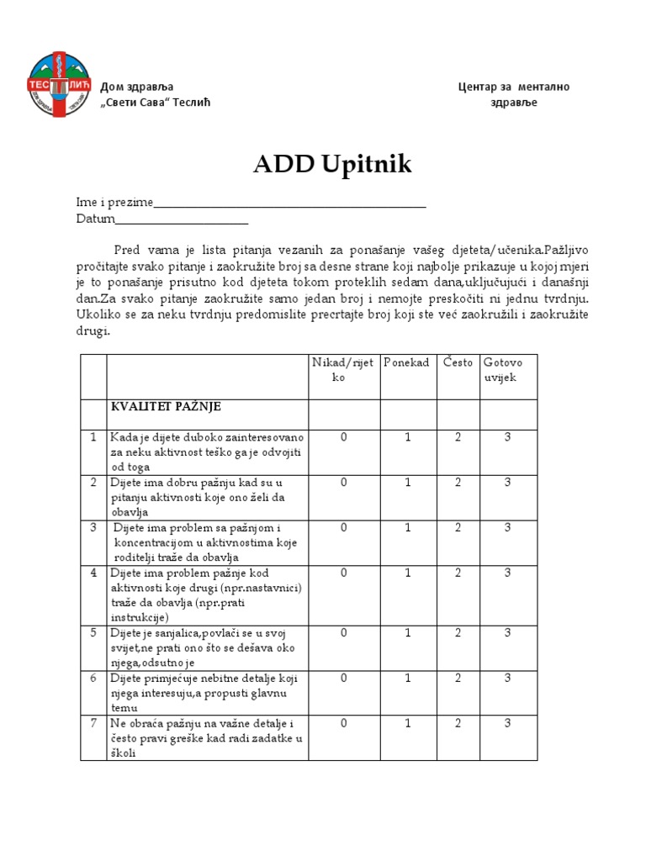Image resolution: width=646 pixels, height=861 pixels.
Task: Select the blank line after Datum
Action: (181, 221)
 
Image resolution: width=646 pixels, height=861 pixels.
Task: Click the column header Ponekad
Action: (406, 362)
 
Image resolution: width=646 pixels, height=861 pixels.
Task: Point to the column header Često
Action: (458, 362)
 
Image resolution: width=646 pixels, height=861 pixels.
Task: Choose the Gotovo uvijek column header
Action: (503, 370)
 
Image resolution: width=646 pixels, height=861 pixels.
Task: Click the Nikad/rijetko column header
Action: (343, 370)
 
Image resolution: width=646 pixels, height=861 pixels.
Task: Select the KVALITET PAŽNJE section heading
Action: (165, 407)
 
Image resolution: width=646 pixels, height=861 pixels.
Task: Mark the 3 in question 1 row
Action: (508, 438)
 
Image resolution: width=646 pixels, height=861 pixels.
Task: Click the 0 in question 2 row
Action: (343, 483)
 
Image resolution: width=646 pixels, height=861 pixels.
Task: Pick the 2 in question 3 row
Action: (458, 528)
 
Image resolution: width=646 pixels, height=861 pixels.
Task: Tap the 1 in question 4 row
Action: (407, 573)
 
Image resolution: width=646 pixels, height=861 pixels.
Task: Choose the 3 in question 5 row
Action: (508, 633)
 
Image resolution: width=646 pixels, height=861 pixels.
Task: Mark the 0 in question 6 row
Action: (343, 678)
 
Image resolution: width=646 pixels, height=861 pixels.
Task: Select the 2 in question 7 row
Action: (458, 723)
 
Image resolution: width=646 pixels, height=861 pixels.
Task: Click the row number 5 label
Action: (93, 633)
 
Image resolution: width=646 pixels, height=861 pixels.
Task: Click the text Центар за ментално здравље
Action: (513, 94)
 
